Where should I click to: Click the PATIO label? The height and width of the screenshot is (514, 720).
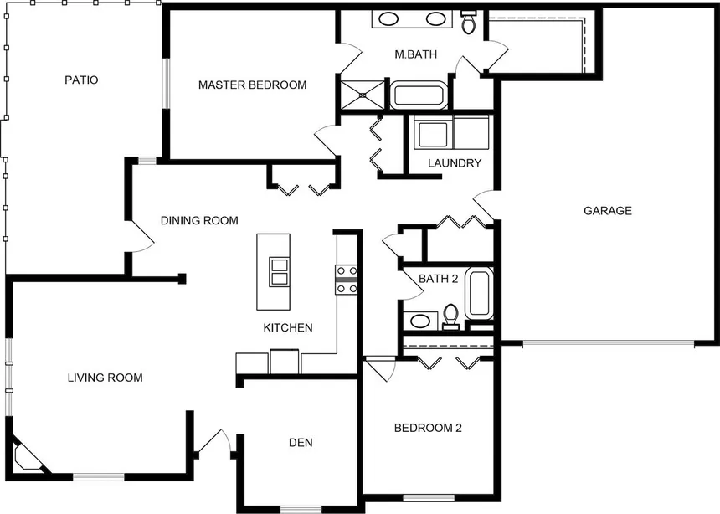pyautogui.click(x=81, y=80)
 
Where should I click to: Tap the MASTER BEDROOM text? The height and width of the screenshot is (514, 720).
pyautogui.click(x=253, y=85)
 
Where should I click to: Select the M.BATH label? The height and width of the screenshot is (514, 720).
pyautogui.click(x=415, y=54)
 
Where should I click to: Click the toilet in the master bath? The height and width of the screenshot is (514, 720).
pyautogui.click(x=468, y=22)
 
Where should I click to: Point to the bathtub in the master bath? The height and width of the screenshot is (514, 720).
pyautogui.click(x=419, y=95)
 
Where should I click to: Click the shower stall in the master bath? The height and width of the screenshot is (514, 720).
pyautogui.click(x=363, y=95)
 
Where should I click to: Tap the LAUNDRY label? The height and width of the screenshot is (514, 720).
pyautogui.click(x=455, y=163)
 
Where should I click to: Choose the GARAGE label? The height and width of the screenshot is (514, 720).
pyautogui.click(x=608, y=211)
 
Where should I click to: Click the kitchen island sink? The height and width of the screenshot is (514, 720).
pyautogui.click(x=280, y=271)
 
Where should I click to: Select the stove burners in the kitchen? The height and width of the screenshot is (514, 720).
pyautogui.click(x=347, y=280)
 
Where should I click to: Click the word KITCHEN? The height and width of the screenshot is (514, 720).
pyautogui.click(x=288, y=327)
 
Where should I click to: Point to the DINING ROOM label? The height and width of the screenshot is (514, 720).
pyautogui.click(x=199, y=220)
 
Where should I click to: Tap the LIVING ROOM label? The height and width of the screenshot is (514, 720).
pyautogui.click(x=105, y=378)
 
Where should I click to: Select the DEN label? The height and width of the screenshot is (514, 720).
pyautogui.click(x=301, y=442)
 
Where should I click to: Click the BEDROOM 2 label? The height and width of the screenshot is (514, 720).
pyautogui.click(x=428, y=428)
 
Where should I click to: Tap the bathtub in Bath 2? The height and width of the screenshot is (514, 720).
pyautogui.click(x=480, y=293)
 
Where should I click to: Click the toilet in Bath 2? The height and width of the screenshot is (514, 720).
pyautogui.click(x=451, y=316)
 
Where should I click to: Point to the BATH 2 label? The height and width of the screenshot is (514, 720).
pyautogui.click(x=439, y=279)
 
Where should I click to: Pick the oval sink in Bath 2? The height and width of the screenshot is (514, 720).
pyautogui.click(x=420, y=321)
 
